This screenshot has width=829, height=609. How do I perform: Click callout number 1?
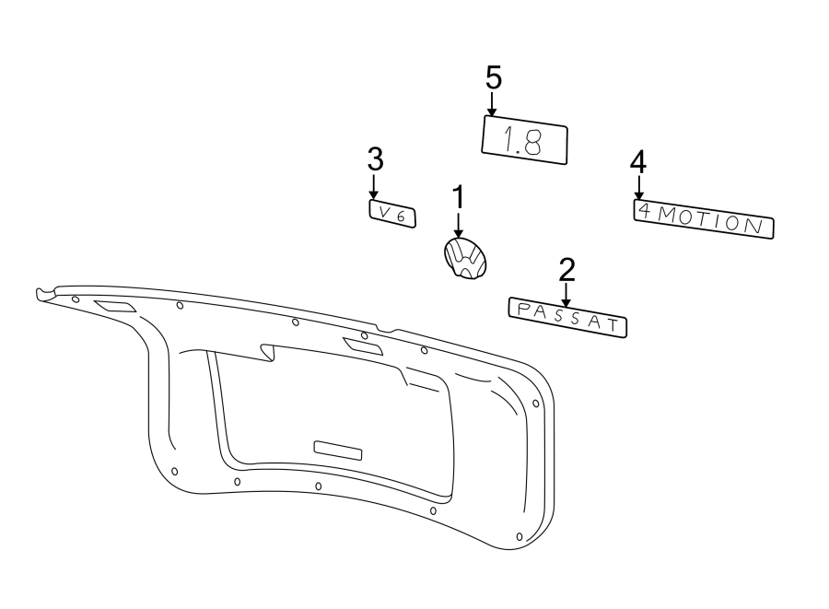pyautogui.click(x=457, y=197)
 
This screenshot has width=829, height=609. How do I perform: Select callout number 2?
pyautogui.click(x=566, y=270)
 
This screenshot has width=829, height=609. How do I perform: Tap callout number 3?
pyautogui.click(x=374, y=159)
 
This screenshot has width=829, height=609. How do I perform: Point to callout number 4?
pyautogui.click(x=637, y=162)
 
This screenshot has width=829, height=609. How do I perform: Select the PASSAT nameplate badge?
pyautogui.click(x=567, y=318)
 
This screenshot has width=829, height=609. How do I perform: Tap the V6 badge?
pyautogui.click(x=392, y=214)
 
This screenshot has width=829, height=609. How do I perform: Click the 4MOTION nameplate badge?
pyautogui.click(x=704, y=220)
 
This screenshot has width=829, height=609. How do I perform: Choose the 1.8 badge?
pyautogui.click(x=525, y=140)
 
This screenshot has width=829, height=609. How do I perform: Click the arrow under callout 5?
pyautogui.click(x=493, y=103)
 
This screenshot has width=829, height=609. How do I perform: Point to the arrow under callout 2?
pyautogui.click(x=566, y=295)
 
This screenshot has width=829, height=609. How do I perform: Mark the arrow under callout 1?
pyautogui.click(x=458, y=226)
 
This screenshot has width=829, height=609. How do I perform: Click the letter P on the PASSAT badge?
pyautogui.click(x=522, y=309)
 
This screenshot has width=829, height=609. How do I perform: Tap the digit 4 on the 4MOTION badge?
pyautogui.click(x=645, y=212)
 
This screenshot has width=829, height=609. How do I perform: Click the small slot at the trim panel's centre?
pyautogui.click(x=339, y=449)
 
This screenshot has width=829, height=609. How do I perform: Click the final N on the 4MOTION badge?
pyautogui.click(x=755, y=226)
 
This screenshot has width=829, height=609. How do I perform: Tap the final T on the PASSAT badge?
pyautogui.click(x=613, y=325)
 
